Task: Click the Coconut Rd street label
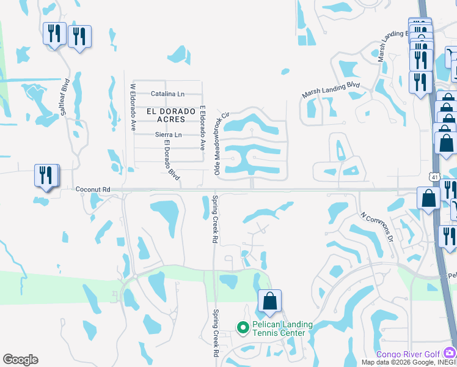(x=92, y=190)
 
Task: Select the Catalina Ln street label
(x=167, y=94)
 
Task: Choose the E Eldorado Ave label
(x=202, y=128)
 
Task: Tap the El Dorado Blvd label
(x=172, y=160)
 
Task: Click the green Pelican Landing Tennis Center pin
(x=243, y=328)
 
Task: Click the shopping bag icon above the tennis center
(x=269, y=302)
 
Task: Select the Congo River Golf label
(x=408, y=354)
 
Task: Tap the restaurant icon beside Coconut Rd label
(x=46, y=175)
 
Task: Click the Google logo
(x=20, y=360)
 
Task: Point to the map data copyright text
(x=408, y=363)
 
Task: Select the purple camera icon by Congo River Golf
(x=450, y=352)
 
